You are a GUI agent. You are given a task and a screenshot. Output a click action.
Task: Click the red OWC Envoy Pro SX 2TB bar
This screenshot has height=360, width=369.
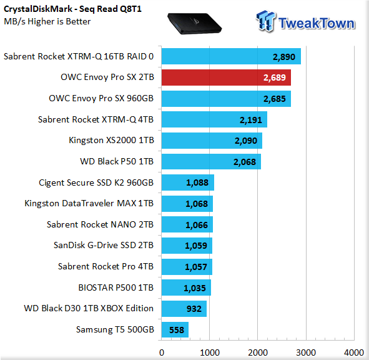[x=226, y=77]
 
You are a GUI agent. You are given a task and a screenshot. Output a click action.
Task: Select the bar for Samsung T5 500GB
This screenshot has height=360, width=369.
[x=175, y=329]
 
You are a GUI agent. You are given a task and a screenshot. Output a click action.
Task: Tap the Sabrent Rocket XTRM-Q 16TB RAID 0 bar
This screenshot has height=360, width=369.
[x=231, y=56]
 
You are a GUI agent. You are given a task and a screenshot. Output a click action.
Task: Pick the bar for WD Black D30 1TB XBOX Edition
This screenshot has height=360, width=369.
[x=184, y=309]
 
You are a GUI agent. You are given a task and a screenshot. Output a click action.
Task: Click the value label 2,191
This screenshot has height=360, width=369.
[x=250, y=120]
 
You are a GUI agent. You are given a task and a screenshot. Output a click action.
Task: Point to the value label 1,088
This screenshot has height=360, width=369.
[x=197, y=182]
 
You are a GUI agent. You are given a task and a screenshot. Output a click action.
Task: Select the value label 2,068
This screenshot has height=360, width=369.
[x=245, y=162]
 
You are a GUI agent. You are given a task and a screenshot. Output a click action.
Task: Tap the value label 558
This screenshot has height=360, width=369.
[x=177, y=330]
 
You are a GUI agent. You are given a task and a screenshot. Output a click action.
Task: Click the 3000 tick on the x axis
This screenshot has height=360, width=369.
[x=306, y=352]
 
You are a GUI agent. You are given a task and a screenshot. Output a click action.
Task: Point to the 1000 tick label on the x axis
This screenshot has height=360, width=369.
[x=210, y=352]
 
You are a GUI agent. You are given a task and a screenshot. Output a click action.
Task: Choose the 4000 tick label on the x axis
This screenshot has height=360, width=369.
[x=354, y=352]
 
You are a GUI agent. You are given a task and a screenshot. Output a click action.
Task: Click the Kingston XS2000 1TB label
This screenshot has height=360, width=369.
[x=111, y=140]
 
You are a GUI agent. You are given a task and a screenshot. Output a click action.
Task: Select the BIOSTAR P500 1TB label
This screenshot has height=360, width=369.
[x=116, y=287]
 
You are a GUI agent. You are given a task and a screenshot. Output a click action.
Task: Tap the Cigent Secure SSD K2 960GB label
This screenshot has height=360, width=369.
[x=96, y=183]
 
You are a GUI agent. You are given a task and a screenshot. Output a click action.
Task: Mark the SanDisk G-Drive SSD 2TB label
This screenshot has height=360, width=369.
[x=104, y=245]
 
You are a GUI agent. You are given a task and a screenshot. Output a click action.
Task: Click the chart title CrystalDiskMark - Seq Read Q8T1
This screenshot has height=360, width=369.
[x=72, y=9]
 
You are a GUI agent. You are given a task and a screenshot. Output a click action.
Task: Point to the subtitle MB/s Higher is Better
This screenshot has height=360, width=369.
[x=47, y=21]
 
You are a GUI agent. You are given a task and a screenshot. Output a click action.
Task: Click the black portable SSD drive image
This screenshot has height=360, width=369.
[x=195, y=24]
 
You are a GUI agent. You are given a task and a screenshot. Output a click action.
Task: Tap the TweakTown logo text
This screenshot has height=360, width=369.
[x=317, y=23]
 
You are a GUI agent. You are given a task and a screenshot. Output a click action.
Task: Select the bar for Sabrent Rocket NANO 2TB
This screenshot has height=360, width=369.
[x=187, y=224]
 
